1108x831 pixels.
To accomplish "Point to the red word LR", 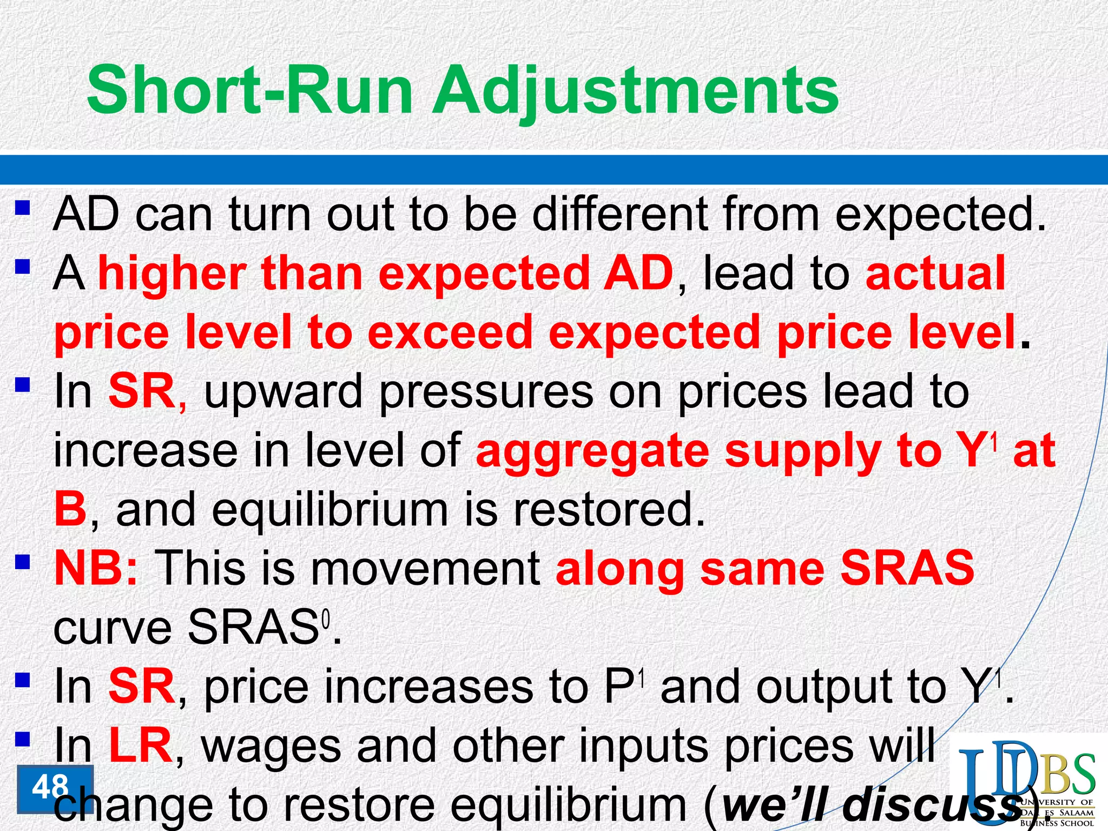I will pyautogui.click(x=140, y=746).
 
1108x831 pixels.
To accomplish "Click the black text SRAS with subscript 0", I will pyautogui.click(x=254, y=628).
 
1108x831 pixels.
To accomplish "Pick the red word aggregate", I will pyautogui.click(x=592, y=452).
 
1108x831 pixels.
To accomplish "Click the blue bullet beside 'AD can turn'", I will pyautogui.click(x=22, y=208).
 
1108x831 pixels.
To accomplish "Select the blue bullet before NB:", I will pyautogui.click(x=22, y=563).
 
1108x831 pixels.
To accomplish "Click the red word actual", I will pyautogui.click(x=935, y=273).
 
